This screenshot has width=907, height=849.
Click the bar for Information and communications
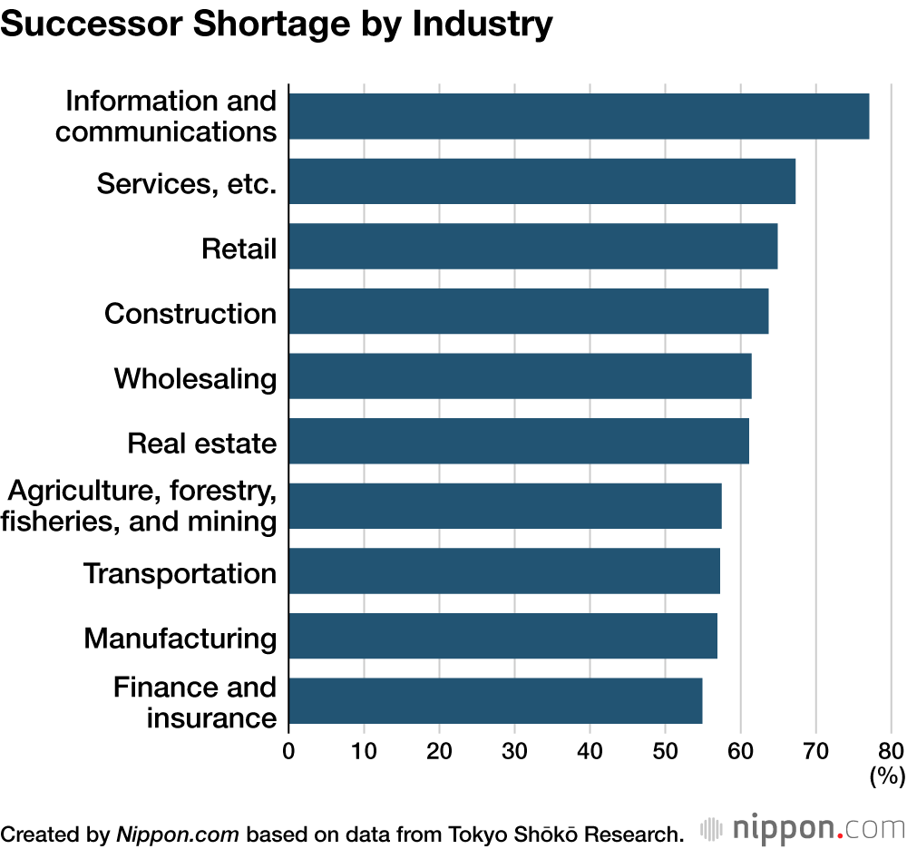[x=579, y=116]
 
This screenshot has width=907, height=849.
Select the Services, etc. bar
[x=541, y=181]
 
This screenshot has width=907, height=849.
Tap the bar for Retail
[x=532, y=246]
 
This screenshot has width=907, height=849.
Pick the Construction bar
[x=528, y=311]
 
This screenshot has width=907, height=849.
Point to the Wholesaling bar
[x=520, y=376]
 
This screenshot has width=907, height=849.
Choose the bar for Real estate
[x=518, y=441]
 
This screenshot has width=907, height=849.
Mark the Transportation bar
[x=503, y=571]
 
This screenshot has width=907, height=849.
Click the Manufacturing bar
[x=502, y=636]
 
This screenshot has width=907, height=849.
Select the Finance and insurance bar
[x=495, y=701]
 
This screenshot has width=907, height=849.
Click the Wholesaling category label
[x=195, y=377]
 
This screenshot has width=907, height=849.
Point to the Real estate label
[x=201, y=443]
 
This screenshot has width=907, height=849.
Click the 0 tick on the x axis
[x=288, y=750]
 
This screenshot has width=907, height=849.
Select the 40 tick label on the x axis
[x=590, y=750]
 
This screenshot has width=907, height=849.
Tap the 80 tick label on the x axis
[x=891, y=750]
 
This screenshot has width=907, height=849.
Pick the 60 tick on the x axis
[x=740, y=750]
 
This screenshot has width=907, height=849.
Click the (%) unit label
[x=887, y=776]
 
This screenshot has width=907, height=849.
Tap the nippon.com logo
[x=803, y=804]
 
